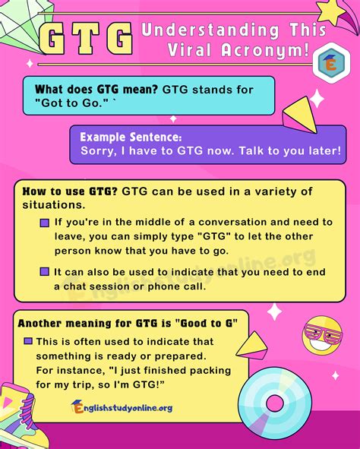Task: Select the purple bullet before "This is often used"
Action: pos(28,341)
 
